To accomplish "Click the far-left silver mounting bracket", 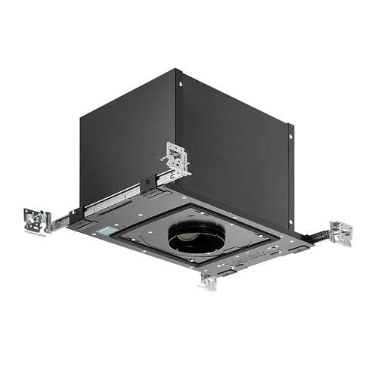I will click(x=37, y=220).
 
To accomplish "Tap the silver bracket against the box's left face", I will click(x=175, y=159).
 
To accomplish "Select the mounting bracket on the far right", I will click(x=341, y=232).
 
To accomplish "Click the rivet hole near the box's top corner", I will click(x=180, y=84).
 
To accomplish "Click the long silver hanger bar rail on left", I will click(x=113, y=198).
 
